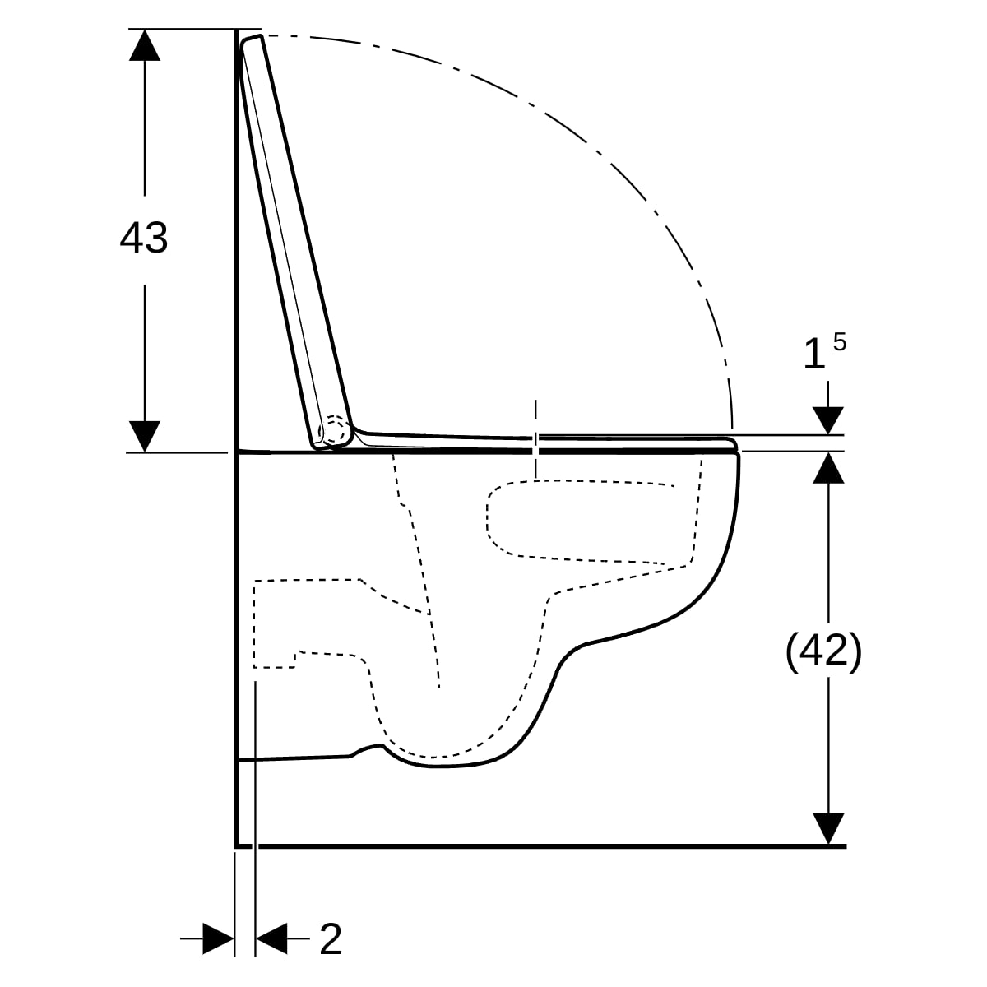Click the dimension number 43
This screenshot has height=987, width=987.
143,239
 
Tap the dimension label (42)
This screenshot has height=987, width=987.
823,652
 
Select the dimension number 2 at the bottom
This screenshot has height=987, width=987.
331,938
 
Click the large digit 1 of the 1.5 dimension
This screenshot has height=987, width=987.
814,354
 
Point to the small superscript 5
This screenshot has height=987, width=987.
840,341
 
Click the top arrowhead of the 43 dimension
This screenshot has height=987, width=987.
145,45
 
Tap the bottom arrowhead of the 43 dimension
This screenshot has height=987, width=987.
145,437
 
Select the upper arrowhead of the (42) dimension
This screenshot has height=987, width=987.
828,468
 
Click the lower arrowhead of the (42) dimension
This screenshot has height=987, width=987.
828,829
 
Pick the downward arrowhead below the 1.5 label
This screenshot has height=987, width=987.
828,420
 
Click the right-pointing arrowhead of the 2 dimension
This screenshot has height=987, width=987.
219,938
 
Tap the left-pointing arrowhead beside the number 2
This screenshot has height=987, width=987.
271,938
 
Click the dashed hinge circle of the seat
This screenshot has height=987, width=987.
333,429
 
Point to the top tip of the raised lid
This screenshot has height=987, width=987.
261,35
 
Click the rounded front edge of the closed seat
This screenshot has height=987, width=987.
734,444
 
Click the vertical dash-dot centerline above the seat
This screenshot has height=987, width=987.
535,439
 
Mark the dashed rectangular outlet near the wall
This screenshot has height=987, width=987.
275,623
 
